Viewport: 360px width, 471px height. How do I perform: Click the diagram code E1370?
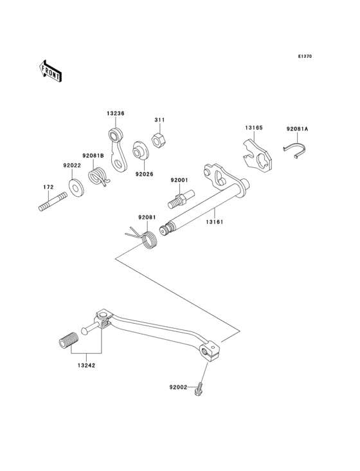pos(304,57)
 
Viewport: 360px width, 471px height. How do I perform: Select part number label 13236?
pos(116,113)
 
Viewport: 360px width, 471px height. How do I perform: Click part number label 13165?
pos(253,128)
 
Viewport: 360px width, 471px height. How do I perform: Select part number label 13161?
pos(215,221)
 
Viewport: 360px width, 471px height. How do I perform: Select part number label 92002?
pos(178,387)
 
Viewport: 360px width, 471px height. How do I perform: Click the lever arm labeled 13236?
pos(116,149)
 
